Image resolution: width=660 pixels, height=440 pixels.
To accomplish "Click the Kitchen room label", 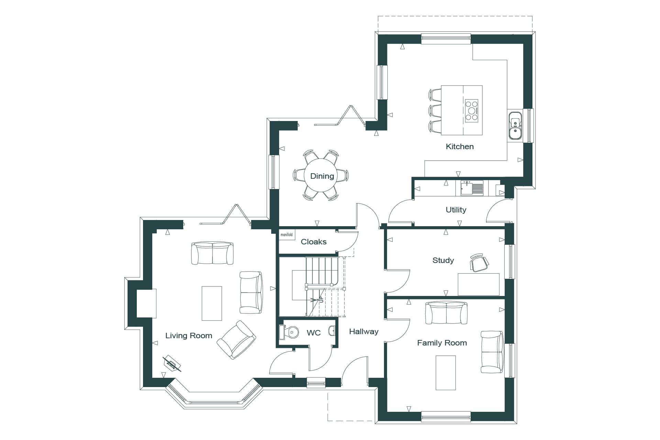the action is pyautogui.click(x=460, y=146).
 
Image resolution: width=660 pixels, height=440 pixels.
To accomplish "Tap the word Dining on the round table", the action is pyautogui.click(x=322, y=176).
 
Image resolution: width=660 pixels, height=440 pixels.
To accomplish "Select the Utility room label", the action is pyautogui.click(x=456, y=210).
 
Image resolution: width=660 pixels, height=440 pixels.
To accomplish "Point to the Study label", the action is pyautogui.click(x=443, y=260).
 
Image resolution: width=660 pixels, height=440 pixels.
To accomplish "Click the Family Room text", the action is pyautogui.click(x=442, y=343).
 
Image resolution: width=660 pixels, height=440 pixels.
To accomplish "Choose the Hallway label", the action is pyautogui.click(x=364, y=331).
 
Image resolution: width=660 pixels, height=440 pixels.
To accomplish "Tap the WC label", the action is pyautogui.click(x=313, y=333).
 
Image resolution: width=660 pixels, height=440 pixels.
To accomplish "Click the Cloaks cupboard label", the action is pyautogui.click(x=313, y=242).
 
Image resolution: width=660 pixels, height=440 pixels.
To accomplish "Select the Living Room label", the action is pyautogui.click(x=189, y=335).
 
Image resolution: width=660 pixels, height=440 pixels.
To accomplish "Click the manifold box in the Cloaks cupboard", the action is pyautogui.click(x=287, y=234).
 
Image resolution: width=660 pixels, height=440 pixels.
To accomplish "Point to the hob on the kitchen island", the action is pyautogui.click(x=472, y=111).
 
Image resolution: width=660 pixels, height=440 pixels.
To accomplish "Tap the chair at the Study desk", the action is pyautogui.click(x=479, y=262).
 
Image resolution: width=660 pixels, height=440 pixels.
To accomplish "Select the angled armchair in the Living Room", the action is pyautogui.click(x=236, y=340).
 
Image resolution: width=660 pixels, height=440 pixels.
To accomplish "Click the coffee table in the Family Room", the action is pyautogui.click(x=446, y=373).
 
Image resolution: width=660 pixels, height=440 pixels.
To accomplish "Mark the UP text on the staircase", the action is pyautogui.click(x=321, y=299).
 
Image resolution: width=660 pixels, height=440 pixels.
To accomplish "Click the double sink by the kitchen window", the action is pyautogui.click(x=515, y=125).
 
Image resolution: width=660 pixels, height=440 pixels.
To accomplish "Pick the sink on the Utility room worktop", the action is pyautogui.click(x=472, y=188).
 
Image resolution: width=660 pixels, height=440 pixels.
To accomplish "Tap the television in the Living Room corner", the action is pyautogui.click(x=172, y=364).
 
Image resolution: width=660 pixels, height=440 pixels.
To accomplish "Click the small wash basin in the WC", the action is pyautogui.click(x=332, y=331).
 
